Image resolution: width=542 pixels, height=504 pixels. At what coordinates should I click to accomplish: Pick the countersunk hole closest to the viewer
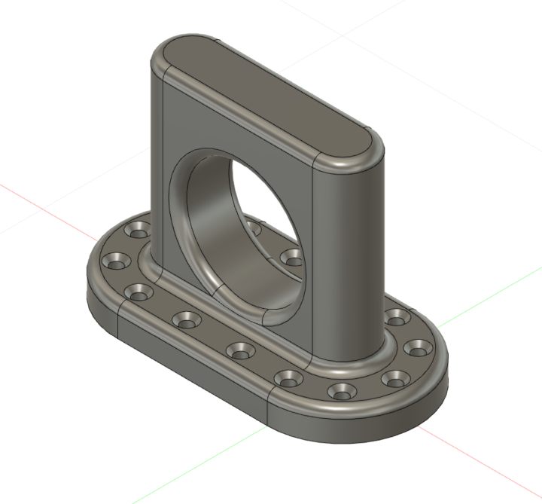(343, 390)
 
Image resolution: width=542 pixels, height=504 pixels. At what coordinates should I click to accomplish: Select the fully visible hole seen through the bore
(291, 257)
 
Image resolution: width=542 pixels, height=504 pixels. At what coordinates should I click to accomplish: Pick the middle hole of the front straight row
(239, 349)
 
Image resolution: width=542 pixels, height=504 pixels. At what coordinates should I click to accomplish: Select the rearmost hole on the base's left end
(138, 229)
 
